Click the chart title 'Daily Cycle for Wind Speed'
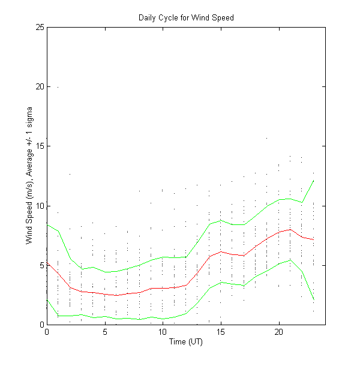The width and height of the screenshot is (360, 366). click(186, 17)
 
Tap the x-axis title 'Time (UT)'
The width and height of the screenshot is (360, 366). click(186, 342)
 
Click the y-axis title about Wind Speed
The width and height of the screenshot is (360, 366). click(29, 176)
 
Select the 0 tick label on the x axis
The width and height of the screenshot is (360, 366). click(47, 332)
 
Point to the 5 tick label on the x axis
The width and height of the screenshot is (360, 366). click(105, 332)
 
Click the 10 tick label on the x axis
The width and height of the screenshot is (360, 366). click(163, 332)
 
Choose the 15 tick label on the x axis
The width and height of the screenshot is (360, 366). click(221, 332)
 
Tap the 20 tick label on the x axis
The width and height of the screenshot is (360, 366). click(279, 332)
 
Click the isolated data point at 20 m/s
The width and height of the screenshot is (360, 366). click(58, 87)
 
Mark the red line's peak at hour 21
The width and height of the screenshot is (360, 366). click(290, 229)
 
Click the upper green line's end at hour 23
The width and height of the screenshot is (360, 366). click(314, 180)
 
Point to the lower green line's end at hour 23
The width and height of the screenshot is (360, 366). click(314, 299)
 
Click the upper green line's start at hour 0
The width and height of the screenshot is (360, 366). click(47, 224)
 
